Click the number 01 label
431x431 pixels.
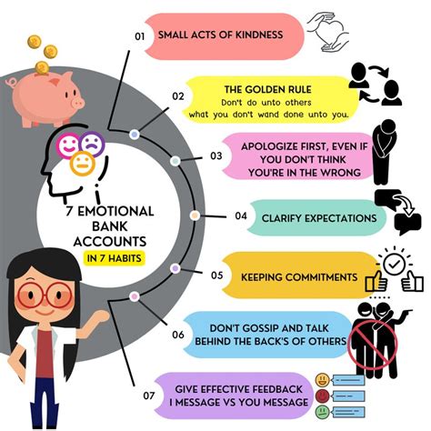click(140, 36)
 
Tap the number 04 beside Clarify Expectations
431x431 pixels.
click(241, 215)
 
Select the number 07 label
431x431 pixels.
click(149, 396)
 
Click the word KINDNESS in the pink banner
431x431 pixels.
click(259, 35)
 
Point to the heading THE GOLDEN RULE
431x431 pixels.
click(267, 89)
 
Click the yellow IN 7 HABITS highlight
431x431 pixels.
click(115, 258)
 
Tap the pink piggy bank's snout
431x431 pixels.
click(77, 104)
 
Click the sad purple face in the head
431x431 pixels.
click(93, 144)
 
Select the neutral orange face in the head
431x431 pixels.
click(83, 164)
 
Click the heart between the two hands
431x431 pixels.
click(330, 31)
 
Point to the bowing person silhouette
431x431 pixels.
click(384, 152)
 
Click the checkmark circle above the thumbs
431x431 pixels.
click(394, 265)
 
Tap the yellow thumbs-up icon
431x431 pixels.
click(376, 281)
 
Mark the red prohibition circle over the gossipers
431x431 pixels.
click(373, 345)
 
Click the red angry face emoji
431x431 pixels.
click(322, 396)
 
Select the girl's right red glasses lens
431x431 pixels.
click(58, 295)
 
